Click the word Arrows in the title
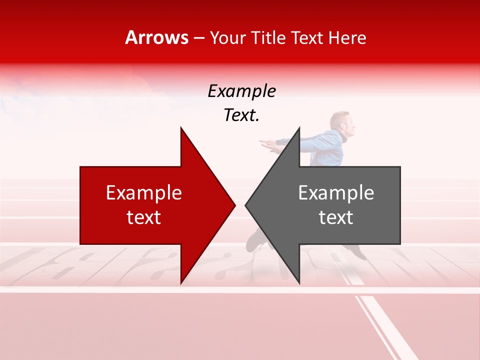click(x=156, y=37)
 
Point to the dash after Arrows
click(x=198, y=38)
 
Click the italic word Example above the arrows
click(x=241, y=91)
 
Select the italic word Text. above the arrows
click(x=241, y=115)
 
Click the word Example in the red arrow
click(x=144, y=193)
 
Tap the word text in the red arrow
click(x=144, y=217)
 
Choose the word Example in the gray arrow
click(x=336, y=193)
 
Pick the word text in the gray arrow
click(x=336, y=217)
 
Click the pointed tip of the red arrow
click(x=234, y=205)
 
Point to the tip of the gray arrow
click(x=246, y=205)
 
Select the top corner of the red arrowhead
click(x=181, y=128)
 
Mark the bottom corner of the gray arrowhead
click(x=299, y=282)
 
